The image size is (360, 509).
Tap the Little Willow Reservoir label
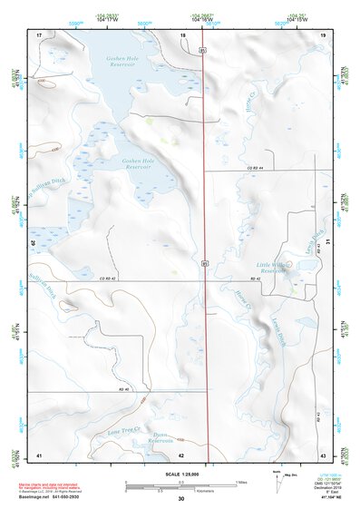pyautogui.click(x=272, y=267)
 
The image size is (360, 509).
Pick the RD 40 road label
pyautogui.click(x=125, y=388)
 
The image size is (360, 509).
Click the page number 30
pyautogui.click(x=180, y=498)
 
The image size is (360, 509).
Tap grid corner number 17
pyautogui.click(x=39, y=34)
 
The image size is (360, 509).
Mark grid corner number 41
pyautogui.click(x=39, y=453)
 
